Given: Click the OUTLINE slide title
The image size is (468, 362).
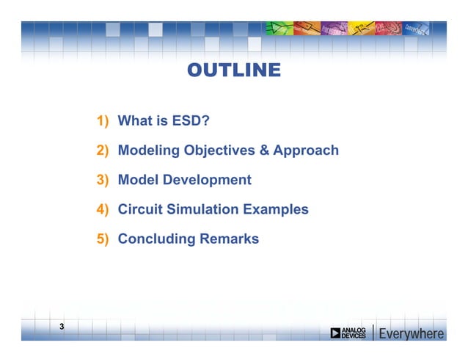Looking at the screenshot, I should click(233, 70).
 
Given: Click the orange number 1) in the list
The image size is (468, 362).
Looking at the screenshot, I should click(102, 121).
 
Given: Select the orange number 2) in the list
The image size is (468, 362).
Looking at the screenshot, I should click(102, 151).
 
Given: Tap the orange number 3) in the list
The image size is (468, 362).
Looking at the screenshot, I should click(102, 180).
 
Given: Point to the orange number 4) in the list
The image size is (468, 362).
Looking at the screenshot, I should click(102, 209).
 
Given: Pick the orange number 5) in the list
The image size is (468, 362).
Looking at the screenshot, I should click(102, 239).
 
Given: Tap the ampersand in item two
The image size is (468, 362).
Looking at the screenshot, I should click(264, 151).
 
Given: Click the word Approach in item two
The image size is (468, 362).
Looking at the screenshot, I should click(306, 151).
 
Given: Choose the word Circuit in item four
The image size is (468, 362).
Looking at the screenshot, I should click(140, 209).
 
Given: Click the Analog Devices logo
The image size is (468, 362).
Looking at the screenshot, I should click(348, 333).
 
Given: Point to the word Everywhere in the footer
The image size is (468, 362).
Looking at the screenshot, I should click(411, 334).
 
